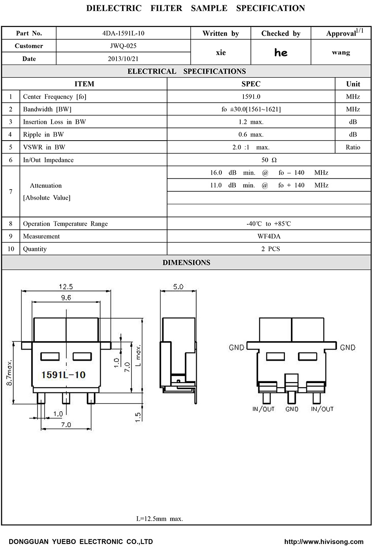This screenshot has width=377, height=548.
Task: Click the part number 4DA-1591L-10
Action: click(123, 33)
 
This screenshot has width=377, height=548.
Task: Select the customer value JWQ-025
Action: click(123, 46)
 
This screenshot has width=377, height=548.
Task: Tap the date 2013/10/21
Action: click(123, 59)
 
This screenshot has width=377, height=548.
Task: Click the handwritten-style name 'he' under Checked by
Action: click(280, 53)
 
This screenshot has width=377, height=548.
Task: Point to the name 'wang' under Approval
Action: click(341, 52)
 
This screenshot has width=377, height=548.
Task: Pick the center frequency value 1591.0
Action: click(250, 97)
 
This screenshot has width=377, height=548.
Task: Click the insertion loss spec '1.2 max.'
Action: click(250, 122)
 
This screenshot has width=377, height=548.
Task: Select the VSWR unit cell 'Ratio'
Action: click(353, 147)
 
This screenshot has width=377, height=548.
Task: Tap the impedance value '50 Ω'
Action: click(269, 160)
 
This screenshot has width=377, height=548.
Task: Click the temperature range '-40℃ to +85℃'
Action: click(269, 224)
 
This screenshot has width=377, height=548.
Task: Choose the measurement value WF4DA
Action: click(269, 236)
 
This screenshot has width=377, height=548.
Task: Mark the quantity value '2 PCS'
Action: click(269, 249)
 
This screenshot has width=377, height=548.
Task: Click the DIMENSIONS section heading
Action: click(187, 263)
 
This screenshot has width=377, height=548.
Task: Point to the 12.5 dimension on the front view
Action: click(66, 287)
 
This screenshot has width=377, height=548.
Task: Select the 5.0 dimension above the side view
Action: click(178, 287)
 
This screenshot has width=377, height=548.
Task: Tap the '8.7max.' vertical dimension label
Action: click(9, 372)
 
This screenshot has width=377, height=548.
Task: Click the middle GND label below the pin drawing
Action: click(292, 409)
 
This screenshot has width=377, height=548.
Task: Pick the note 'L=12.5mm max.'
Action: click(159, 519)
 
